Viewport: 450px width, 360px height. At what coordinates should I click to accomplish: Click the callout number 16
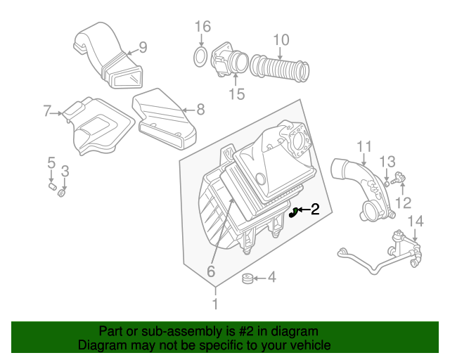(x=202, y=27)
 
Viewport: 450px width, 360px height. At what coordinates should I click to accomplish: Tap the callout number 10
(x=281, y=40)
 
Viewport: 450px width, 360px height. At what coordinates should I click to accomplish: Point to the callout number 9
(x=142, y=48)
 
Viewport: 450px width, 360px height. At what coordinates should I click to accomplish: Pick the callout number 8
(x=200, y=109)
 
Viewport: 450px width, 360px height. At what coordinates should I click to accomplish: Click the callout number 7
(x=47, y=110)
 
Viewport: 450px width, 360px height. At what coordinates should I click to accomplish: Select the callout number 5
(x=51, y=164)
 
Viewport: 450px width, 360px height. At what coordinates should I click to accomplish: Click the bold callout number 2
(x=315, y=209)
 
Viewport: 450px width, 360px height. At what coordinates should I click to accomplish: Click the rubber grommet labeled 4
(x=248, y=280)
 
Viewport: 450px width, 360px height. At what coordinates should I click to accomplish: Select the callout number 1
(x=215, y=304)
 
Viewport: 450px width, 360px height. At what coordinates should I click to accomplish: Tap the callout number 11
(x=363, y=146)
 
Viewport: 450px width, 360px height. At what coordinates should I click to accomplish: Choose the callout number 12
(x=403, y=203)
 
